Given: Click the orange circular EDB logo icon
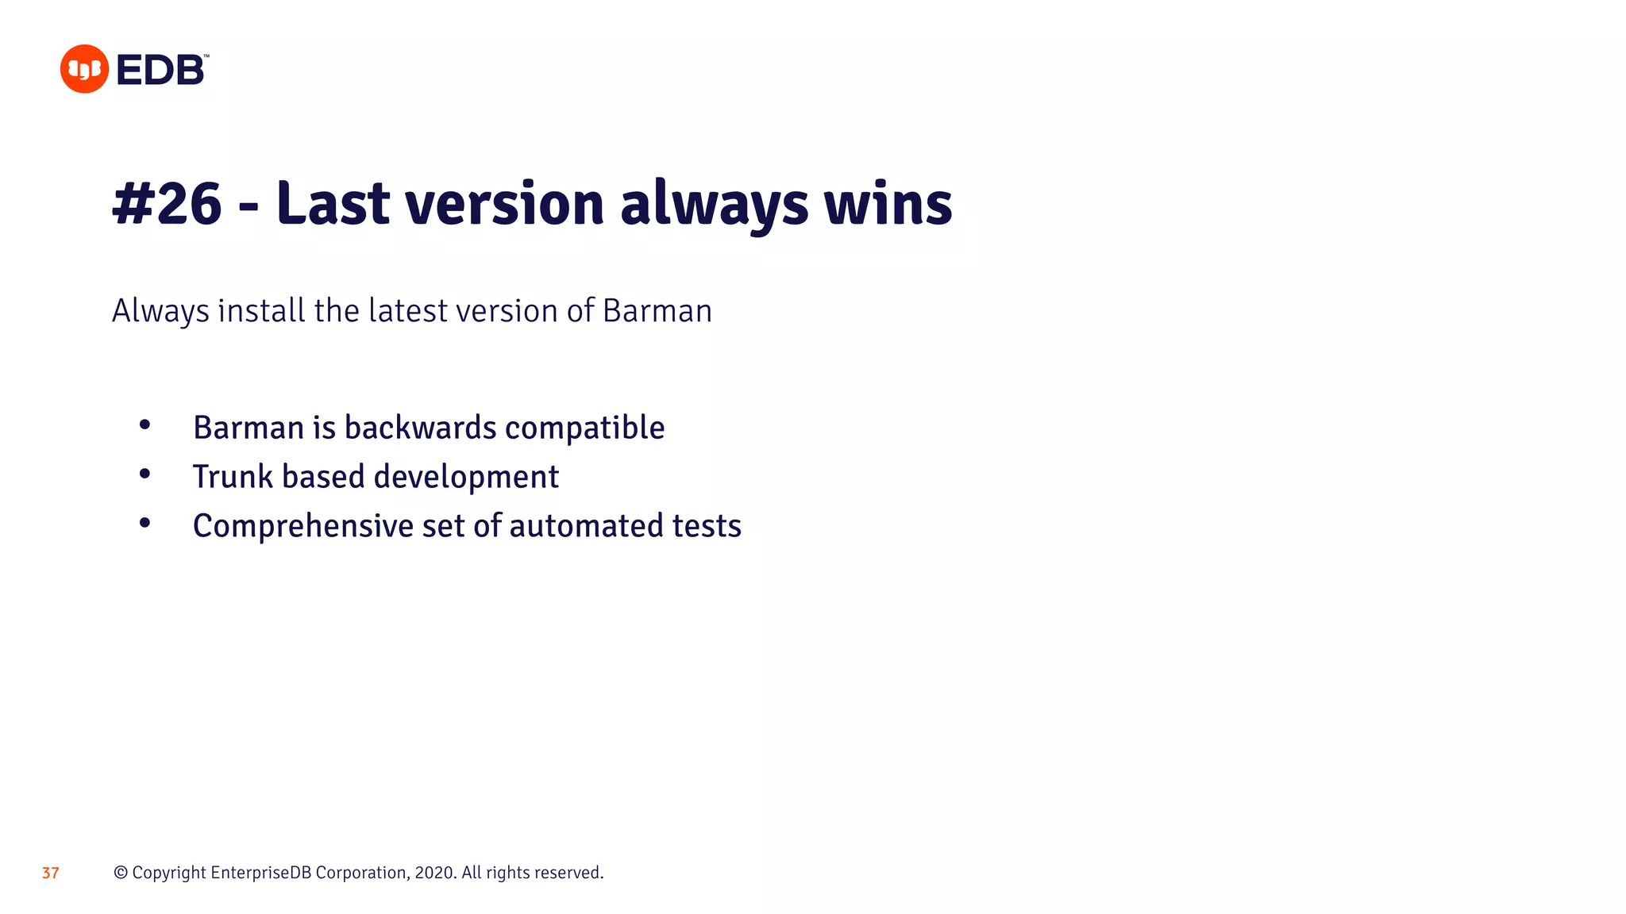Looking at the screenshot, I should pyautogui.click(x=84, y=69).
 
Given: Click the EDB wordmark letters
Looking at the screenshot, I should pyautogui.click(x=161, y=71).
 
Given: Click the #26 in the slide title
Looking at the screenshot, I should pyautogui.click(x=167, y=204).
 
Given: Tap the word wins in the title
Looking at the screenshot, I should pyautogui.click(x=888, y=204).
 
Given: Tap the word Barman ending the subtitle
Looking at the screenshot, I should pyautogui.click(x=657, y=311).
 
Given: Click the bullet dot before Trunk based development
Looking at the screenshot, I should pyautogui.click(x=144, y=474).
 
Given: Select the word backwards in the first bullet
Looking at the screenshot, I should pyautogui.click(x=421, y=428).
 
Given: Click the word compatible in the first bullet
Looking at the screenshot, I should pyautogui.click(x=584, y=428).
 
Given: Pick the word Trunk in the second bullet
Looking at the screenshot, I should pyautogui.click(x=233, y=477).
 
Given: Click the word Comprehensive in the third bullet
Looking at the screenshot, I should pyautogui.click(x=303, y=526).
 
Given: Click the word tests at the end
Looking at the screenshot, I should pyautogui.click(x=707, y=526).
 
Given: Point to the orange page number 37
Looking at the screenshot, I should pyautogui.click(x=51, y=874).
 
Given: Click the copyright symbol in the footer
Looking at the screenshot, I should pyautogui.click(x=121, y=873).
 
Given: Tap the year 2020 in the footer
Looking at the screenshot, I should pyautogui.click(x=434, y=873).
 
